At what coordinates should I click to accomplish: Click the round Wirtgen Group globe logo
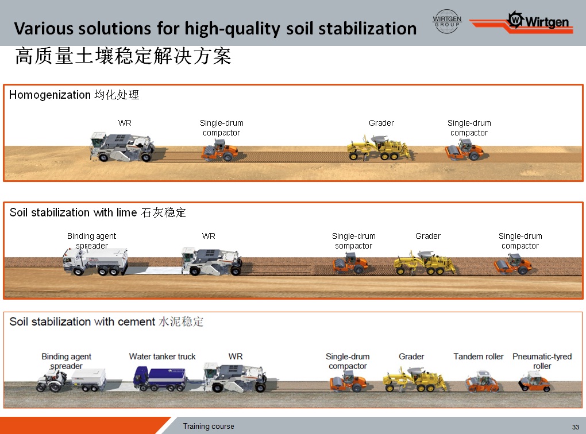(447, 21)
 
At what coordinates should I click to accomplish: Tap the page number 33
(575, 427)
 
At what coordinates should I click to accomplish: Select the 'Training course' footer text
(209, 426)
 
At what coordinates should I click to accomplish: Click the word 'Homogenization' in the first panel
(50, 95)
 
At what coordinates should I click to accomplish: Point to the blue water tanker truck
(160, 379)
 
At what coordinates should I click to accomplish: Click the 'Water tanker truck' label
(162, 356)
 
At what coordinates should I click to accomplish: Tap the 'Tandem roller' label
(479, 356)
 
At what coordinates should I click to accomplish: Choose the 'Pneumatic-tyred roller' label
(542, 361)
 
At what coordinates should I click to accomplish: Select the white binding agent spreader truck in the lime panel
(95, 261)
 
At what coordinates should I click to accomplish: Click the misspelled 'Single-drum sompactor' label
(353, 241)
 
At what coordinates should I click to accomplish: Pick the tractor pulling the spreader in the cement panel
(52, 381)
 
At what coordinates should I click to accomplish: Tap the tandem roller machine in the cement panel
(482, 381)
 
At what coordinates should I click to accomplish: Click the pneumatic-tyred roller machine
(534, 381)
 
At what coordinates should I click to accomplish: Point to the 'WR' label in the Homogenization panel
(125, 123)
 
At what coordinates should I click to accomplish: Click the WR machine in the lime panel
(211, 261)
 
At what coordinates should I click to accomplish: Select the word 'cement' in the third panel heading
(136, 321)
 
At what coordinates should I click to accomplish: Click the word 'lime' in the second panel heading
(126, 212)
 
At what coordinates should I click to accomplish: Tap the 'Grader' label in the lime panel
(428, 236)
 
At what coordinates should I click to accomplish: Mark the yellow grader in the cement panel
(414, 379)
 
